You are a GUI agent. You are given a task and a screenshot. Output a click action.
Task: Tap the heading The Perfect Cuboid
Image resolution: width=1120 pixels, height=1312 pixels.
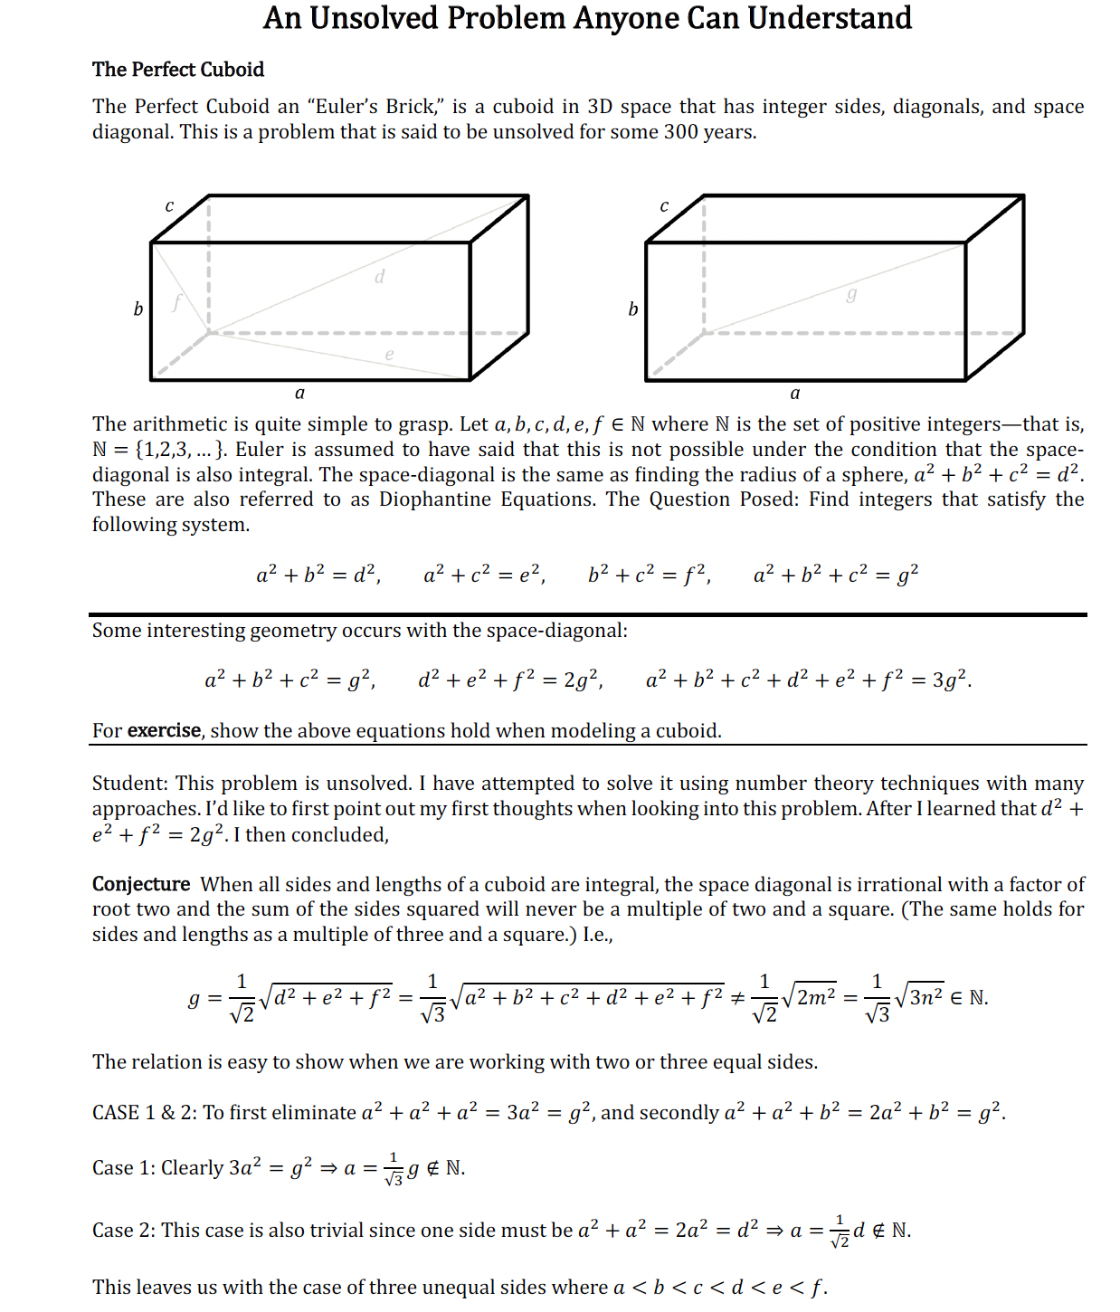coord(178,70)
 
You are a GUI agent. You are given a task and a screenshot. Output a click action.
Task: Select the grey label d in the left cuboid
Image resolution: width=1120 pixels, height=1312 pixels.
coord(380,277)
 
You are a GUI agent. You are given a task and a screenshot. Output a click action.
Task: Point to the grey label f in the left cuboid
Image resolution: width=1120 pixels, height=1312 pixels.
coord(177,302)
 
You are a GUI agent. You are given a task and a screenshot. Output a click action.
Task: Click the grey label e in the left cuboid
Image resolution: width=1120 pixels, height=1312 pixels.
coord(389,355)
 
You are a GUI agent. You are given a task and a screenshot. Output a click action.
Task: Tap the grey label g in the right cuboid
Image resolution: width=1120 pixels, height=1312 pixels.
coord(851,294)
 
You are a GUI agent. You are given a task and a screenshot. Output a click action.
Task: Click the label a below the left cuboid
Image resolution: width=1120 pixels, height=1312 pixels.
coord(300,394)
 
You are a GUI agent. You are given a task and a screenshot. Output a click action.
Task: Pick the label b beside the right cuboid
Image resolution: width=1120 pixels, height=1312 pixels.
coord(633,309)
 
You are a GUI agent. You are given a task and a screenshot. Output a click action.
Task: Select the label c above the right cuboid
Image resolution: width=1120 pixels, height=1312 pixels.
coord(664,206)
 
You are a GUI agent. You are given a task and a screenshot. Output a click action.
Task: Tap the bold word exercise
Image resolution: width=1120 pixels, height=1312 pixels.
coord(165,731)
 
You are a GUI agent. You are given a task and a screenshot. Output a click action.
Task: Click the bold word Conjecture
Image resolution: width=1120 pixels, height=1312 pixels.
coord(141,884)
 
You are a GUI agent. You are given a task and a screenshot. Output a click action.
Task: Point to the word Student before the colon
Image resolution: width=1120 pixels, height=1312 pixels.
coord(129,784)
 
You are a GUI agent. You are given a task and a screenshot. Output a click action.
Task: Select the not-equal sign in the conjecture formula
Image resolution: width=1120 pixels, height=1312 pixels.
coord(737,998)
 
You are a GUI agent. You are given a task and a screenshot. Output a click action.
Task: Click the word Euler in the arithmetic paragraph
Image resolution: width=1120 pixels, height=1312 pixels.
coord(260,450)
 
